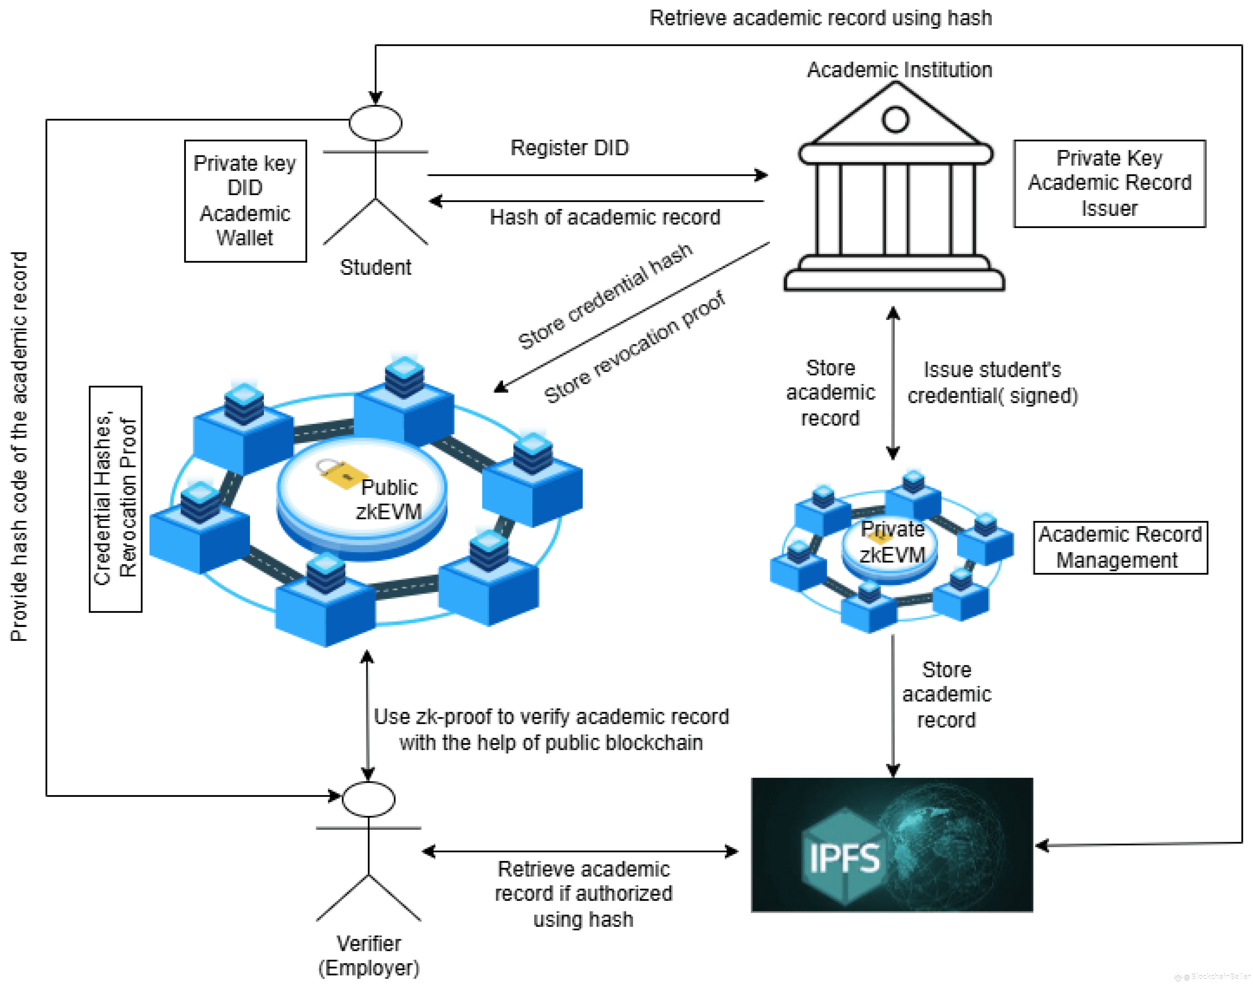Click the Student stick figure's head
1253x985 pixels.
click(x=375, y=123)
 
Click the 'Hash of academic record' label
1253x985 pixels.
click(x=605, y=217)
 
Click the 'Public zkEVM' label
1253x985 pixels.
click(x=389, y=499)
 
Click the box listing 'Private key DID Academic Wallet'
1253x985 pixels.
click(x=245, y=201)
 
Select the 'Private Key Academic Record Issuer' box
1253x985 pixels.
click(x=1109, y=183)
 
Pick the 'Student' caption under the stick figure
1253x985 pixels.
click(x=375, y=268)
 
